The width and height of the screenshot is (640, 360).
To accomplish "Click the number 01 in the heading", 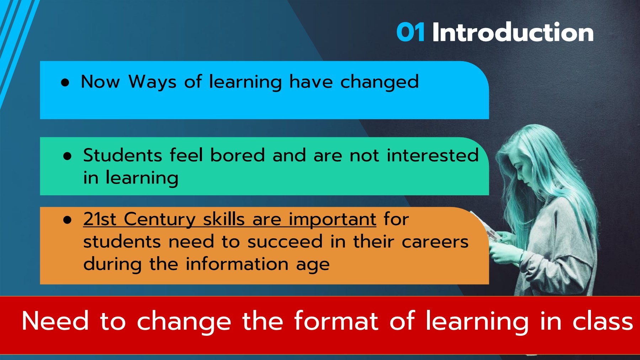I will pos(410,32).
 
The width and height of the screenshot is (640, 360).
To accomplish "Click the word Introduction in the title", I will pos(513,32).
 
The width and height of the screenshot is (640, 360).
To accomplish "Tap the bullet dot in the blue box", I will pos(65,83).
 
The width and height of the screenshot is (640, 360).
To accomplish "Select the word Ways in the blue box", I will pos(152,82).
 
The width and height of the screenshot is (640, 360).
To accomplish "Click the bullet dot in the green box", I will pos(67,156).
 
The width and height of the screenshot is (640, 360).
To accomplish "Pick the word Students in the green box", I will pos(123,155).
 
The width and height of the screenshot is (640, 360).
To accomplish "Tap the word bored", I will pos(237,155).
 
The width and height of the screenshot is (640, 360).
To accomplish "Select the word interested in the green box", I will pos(432,155).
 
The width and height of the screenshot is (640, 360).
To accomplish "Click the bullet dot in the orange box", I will pos(67,220).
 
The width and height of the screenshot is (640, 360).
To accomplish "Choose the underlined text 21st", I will pos(100,219).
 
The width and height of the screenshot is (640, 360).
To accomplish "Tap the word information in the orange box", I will pos(237,264).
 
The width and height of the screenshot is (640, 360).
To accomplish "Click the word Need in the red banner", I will pos(55,321).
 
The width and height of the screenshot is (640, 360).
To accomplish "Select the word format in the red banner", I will pos(336,321).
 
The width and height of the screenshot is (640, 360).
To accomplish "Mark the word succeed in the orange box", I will pos(285,242).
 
